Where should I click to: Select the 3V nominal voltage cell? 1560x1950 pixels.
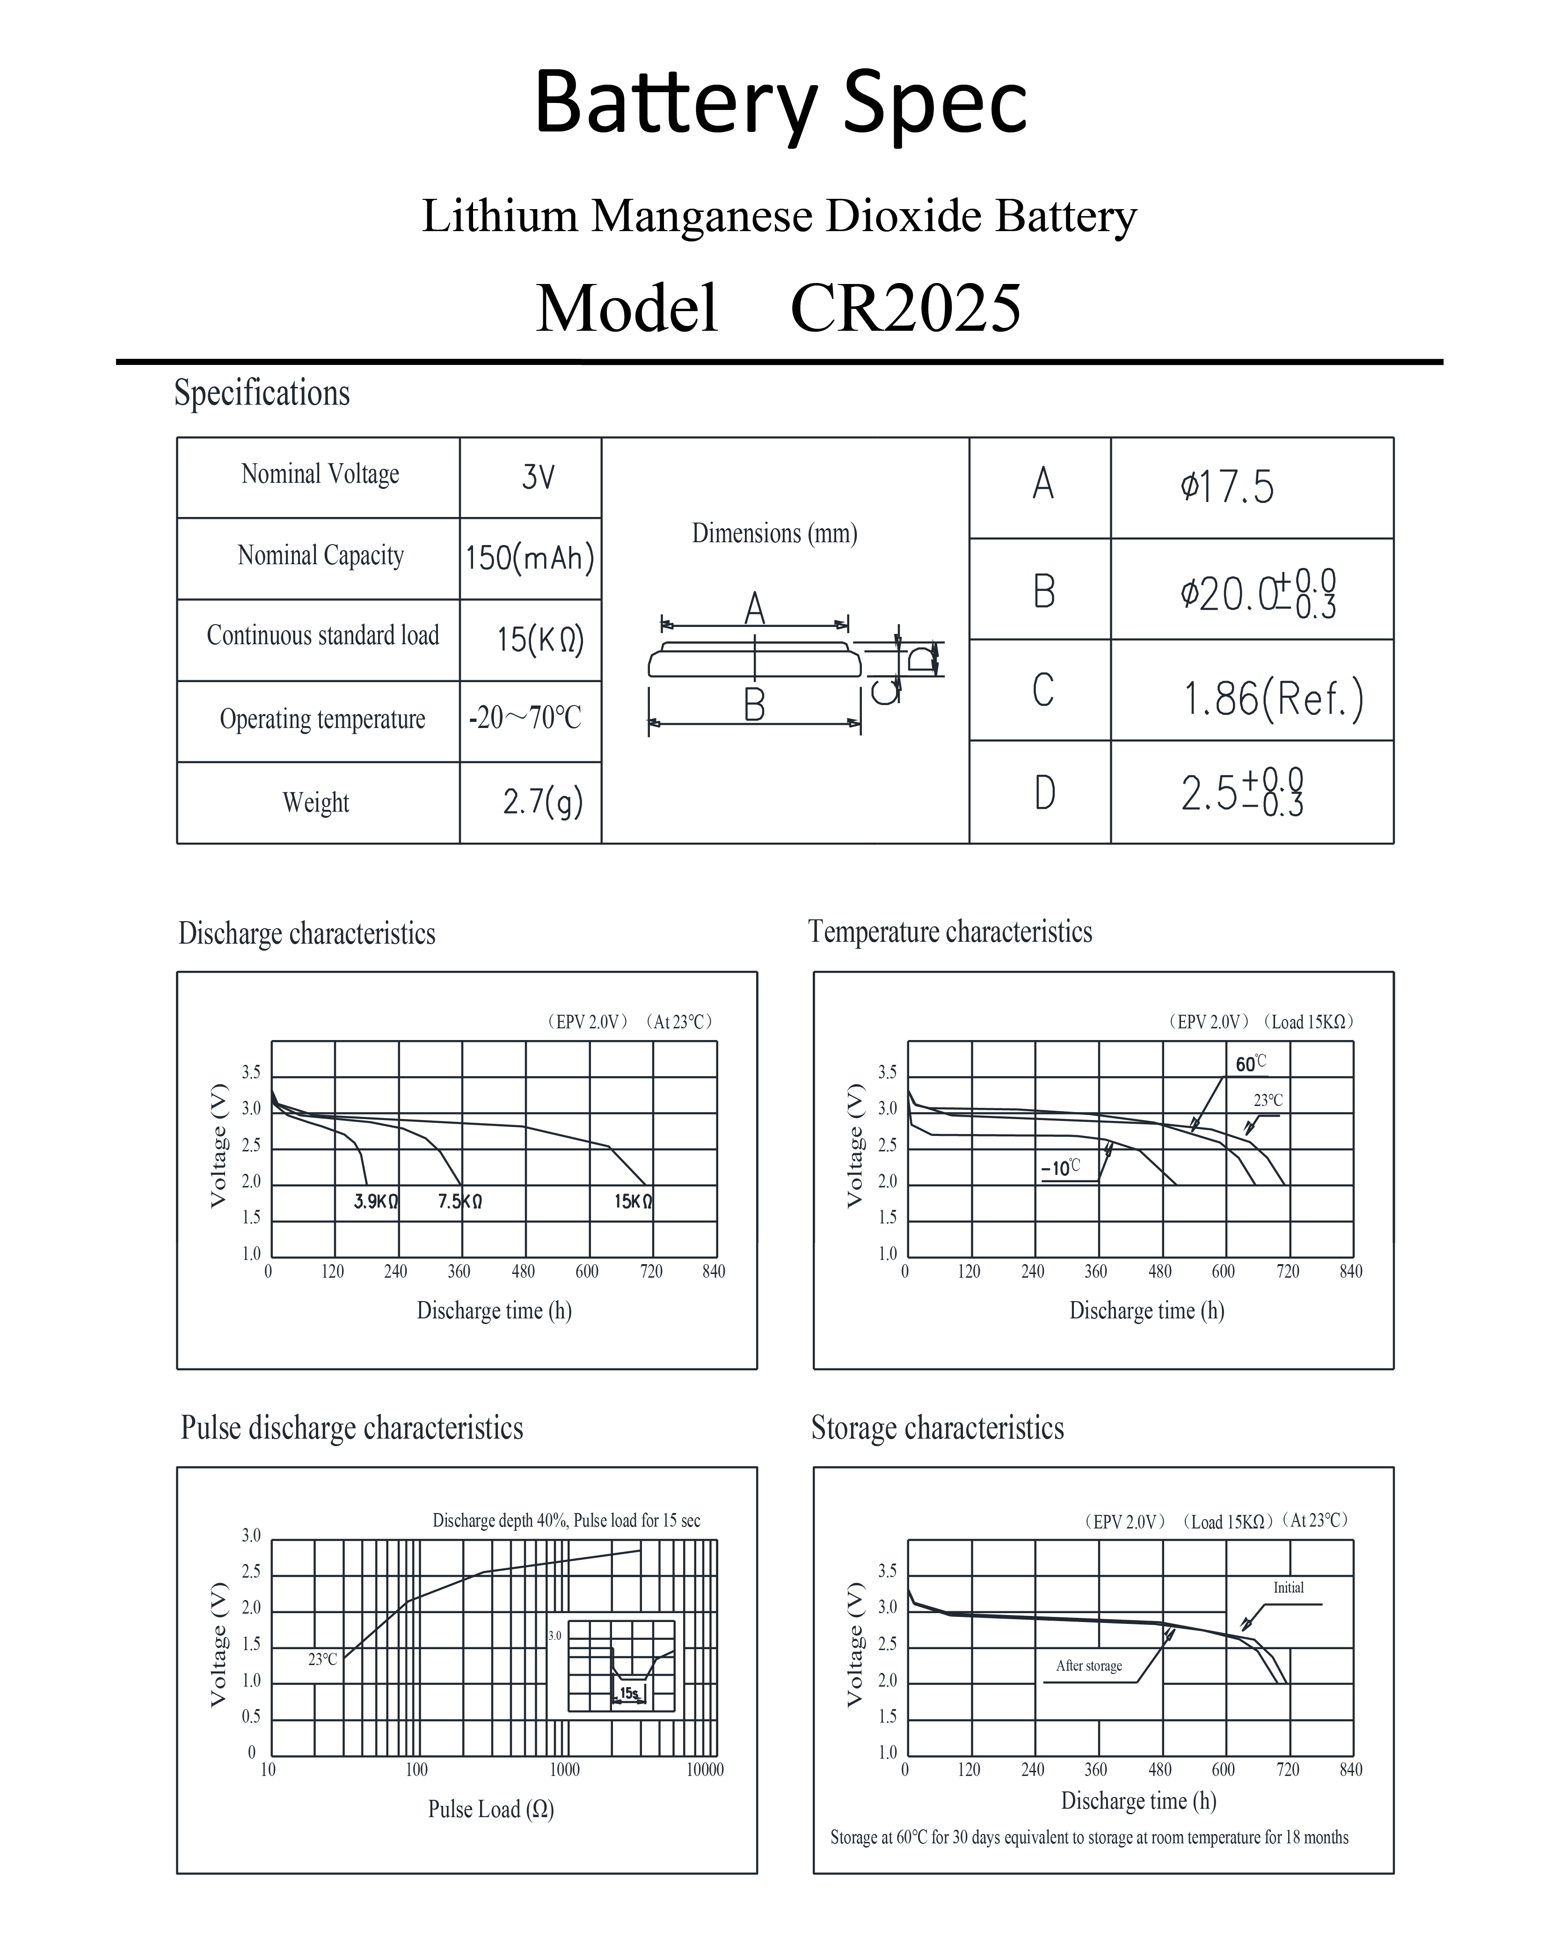[538, 477]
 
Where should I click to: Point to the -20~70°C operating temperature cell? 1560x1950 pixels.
[525, 718]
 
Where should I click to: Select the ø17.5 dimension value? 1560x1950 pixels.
[1227, 487]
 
